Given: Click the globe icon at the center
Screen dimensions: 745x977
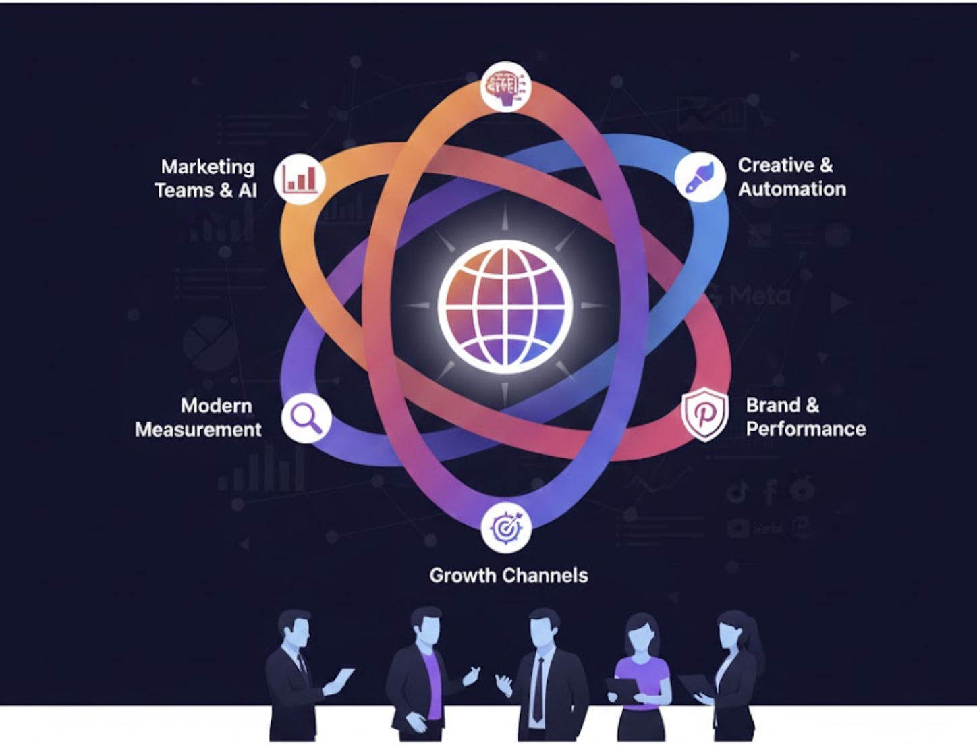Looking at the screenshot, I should tap(505, 305).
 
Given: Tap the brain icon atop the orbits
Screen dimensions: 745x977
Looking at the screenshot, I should tap(506, 86).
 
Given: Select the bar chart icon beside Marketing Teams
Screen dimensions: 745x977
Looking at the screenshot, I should tap(300, 178).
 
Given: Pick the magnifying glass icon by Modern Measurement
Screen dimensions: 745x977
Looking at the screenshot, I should tap(306, 418).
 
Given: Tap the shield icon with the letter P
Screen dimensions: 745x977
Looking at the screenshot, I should tap(704, 414).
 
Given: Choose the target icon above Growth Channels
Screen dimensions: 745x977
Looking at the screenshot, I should tap(506, 527).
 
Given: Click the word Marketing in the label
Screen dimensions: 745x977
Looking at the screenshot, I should tap(208, 167).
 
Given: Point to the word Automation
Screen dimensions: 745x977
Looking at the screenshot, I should tap(792, 189).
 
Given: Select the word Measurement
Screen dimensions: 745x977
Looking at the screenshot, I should tap(198, 429).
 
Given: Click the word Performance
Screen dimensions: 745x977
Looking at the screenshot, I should tap(806, 429).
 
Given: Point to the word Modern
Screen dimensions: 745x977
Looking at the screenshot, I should tap(216, 406).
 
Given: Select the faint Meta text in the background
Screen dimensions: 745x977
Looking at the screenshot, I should tap(759, 296).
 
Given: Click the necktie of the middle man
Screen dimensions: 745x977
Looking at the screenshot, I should tap(538, 688).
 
